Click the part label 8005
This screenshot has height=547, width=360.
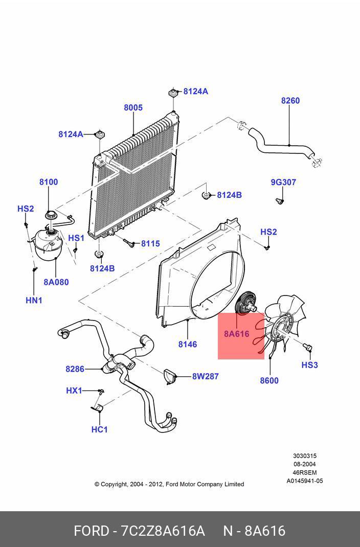coord(133,108)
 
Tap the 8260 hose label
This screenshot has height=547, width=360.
coord(290,101)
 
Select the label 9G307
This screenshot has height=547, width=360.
coord(283,182)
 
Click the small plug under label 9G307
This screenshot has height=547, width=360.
coord(279,200)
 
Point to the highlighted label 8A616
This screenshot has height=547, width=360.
coord(236,334)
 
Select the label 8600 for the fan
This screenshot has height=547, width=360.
coord(269,380)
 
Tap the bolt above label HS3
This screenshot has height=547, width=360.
coord(308,348)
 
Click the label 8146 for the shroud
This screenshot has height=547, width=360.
coord(188,345)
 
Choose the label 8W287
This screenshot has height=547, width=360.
coord(205,376)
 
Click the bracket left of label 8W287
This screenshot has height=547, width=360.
coord(170,376)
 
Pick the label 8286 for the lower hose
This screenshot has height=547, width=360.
coord(75,369)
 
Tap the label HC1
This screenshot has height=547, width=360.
coord(99,429)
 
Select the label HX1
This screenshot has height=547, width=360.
coord(74,391)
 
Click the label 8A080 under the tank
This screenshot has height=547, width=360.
coord(56,282)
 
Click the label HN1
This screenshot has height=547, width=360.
coord(34,301)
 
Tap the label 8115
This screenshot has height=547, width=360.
coord(150,243)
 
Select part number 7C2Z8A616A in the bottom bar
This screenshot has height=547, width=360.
coord(163,531)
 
